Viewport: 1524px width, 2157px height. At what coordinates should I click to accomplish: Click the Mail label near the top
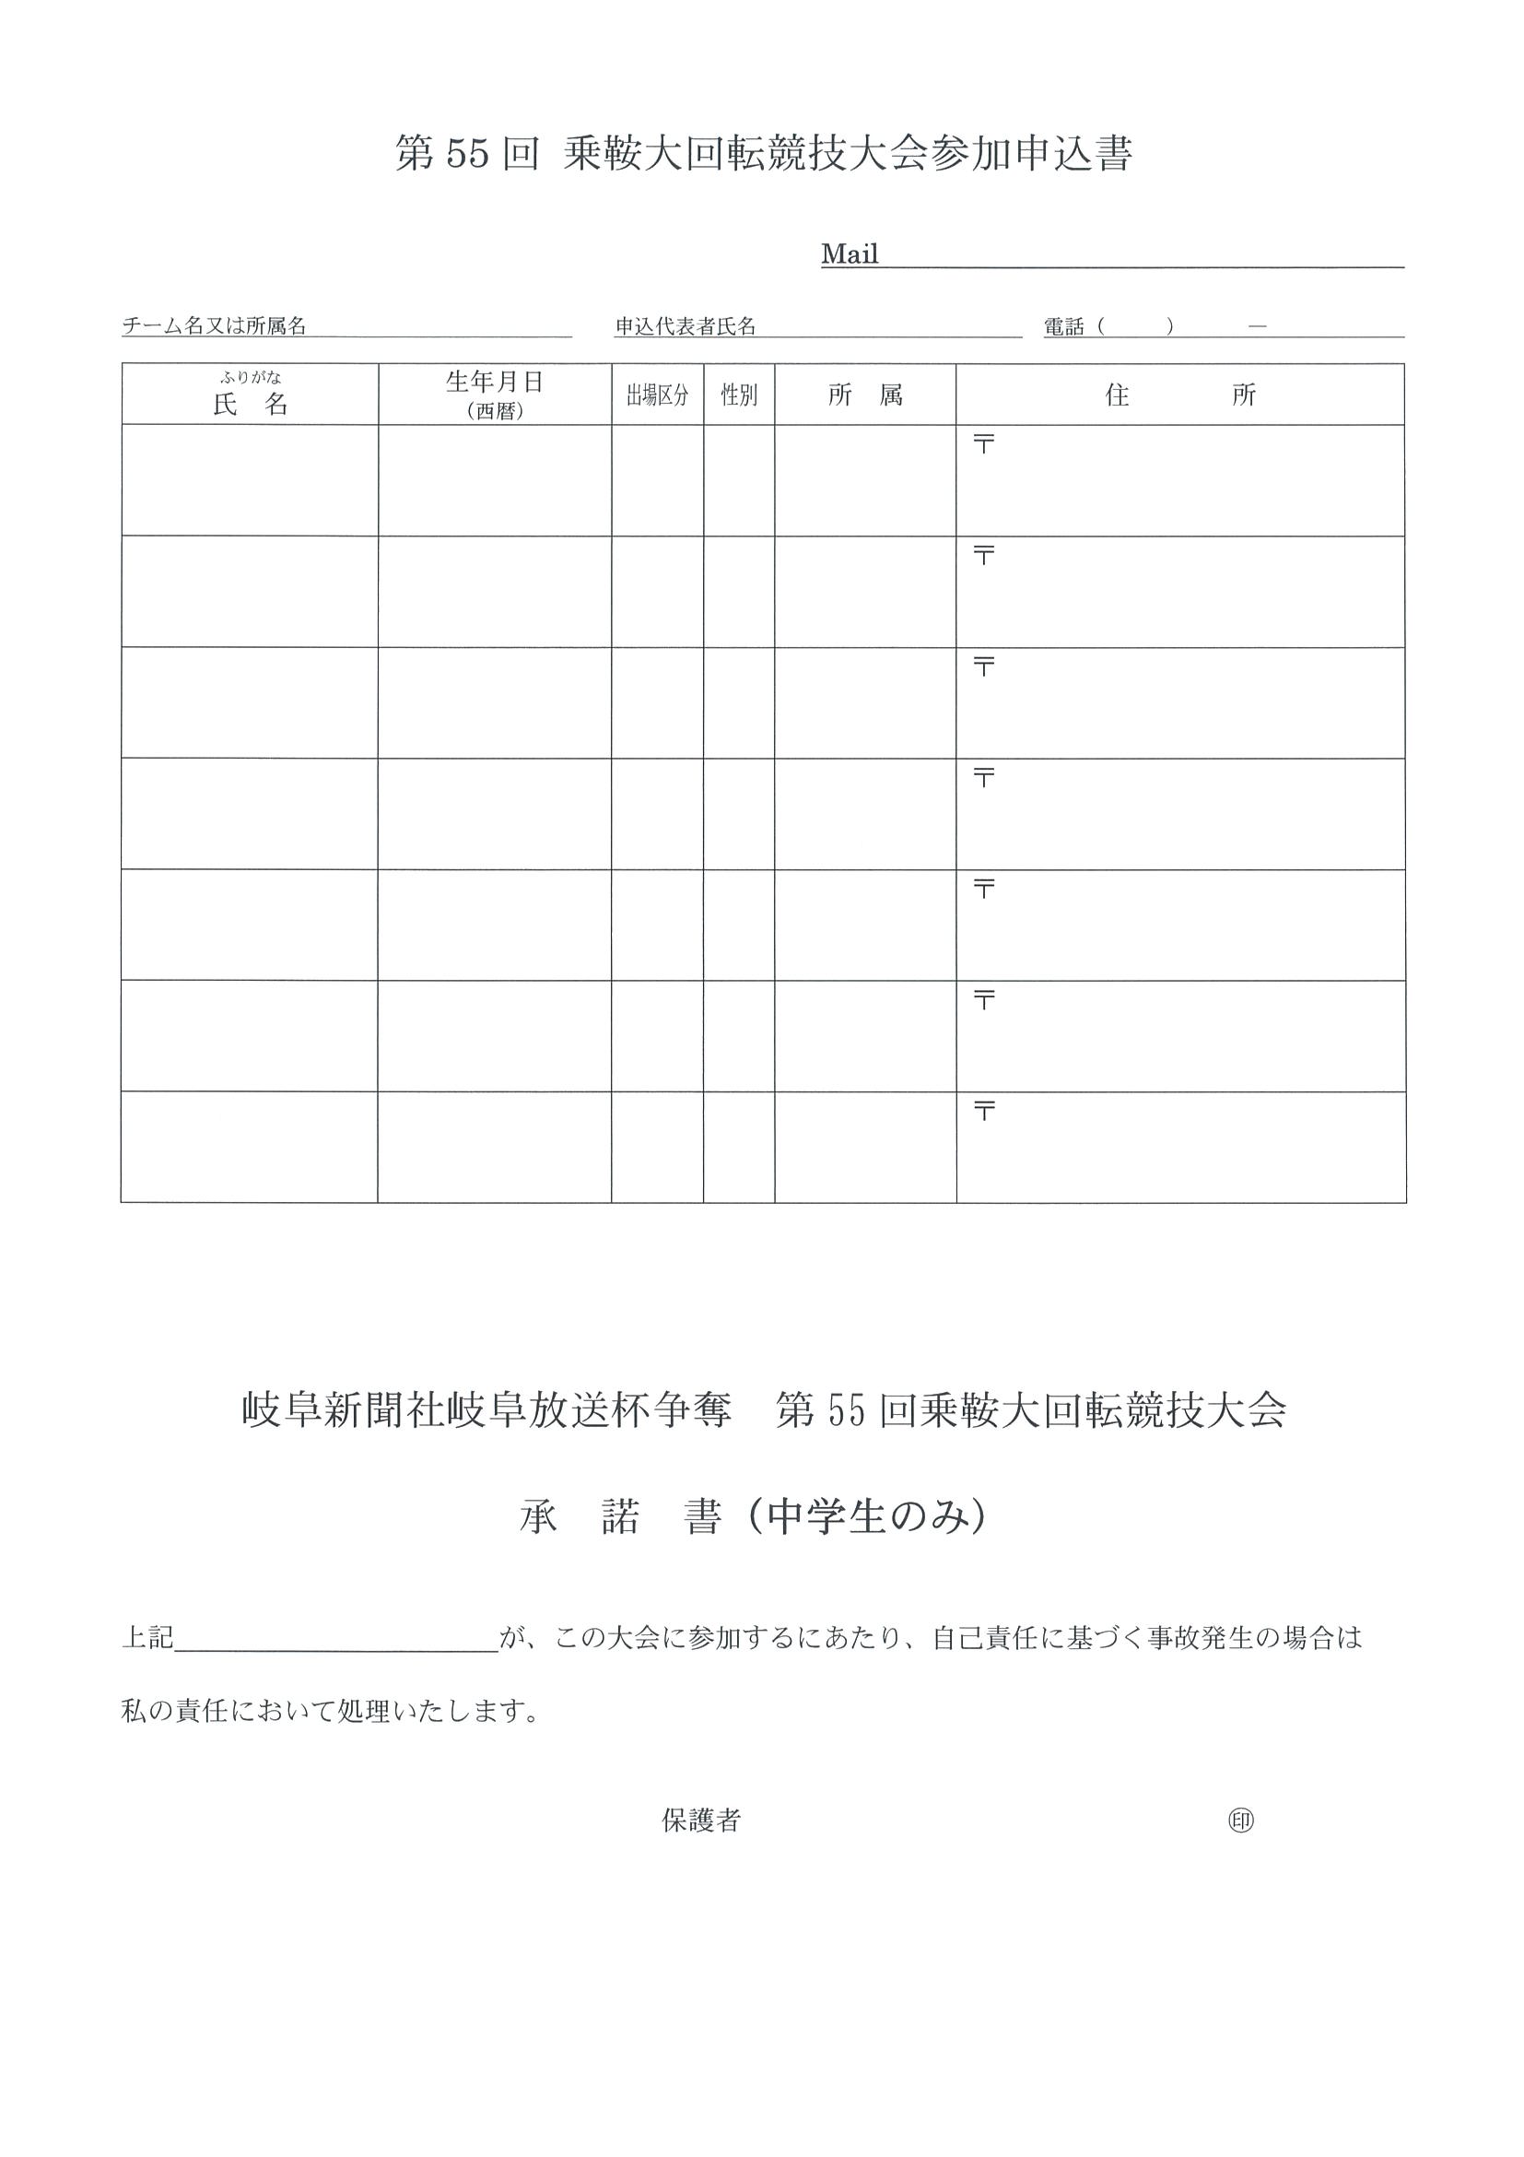coord(849,254)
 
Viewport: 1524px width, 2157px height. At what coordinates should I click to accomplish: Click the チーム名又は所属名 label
coord(214,326)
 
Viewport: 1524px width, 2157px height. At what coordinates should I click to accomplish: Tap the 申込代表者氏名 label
coord(685,326)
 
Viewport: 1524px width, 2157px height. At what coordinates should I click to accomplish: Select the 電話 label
coord(1063,327)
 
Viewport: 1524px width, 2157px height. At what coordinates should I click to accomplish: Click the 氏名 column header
coord(250,405)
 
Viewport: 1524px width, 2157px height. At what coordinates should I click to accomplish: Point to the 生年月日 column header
coord(494,383)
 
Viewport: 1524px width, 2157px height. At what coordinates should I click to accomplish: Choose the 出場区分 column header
coord(657,395)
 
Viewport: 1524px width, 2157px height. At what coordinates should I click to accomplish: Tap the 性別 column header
coord(739,395)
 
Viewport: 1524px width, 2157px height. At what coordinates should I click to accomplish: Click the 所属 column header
coord(865,395)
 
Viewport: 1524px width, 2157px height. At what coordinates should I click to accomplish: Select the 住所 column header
coord(1179,395)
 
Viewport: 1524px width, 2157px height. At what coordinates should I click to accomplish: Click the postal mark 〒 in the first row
coord(983,444)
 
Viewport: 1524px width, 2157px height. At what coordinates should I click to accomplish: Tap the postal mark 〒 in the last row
coord(983,1112)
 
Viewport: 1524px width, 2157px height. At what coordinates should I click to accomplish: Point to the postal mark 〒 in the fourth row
coord(983,778)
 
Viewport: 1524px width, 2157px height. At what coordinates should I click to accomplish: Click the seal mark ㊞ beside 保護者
coord(1240,1821)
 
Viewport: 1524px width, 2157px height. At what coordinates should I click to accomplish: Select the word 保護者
coord(700,1821)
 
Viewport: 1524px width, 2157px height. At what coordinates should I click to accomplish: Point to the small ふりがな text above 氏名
coord(251,378)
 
